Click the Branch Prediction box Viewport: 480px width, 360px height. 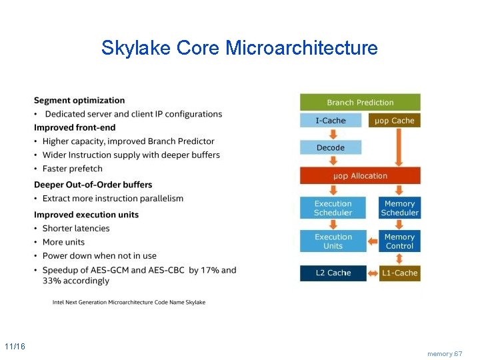360,103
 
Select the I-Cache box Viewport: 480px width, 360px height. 331,121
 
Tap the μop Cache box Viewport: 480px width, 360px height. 394,121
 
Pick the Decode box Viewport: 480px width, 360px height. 331,148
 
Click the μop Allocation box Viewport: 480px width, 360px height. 360,176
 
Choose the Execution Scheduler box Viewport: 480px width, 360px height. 333,208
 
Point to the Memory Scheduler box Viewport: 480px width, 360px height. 399,208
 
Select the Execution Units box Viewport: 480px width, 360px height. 333,241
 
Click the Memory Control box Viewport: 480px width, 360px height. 399,241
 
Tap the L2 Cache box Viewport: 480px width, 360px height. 333,273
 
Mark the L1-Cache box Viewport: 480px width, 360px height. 400,273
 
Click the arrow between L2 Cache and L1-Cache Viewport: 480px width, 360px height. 373,273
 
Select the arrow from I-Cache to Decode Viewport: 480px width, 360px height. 331,134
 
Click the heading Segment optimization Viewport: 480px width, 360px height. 79,101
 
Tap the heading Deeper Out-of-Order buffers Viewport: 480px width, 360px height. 93,185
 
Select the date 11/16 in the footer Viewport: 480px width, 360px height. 15,347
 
